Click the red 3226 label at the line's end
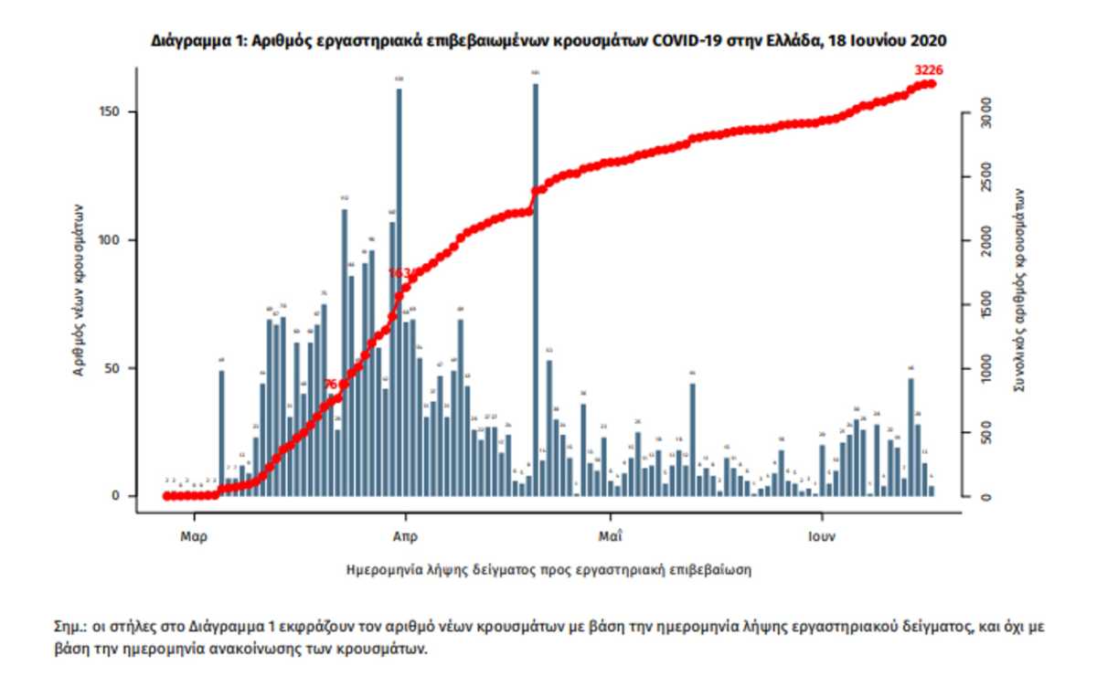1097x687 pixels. point(929,70)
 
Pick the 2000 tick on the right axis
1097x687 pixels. point(985,241)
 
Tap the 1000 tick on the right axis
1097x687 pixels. point(985,369)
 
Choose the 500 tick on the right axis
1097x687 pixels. point(985,435)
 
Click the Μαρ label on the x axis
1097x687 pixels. point(194,537)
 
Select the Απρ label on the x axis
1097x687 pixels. point(405,537)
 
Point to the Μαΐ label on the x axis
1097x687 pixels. point(611,537)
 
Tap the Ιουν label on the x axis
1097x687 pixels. point(822,537)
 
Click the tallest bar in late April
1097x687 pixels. point(536,274)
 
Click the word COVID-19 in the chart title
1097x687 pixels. point(681,41)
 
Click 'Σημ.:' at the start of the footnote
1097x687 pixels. point(69,629)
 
